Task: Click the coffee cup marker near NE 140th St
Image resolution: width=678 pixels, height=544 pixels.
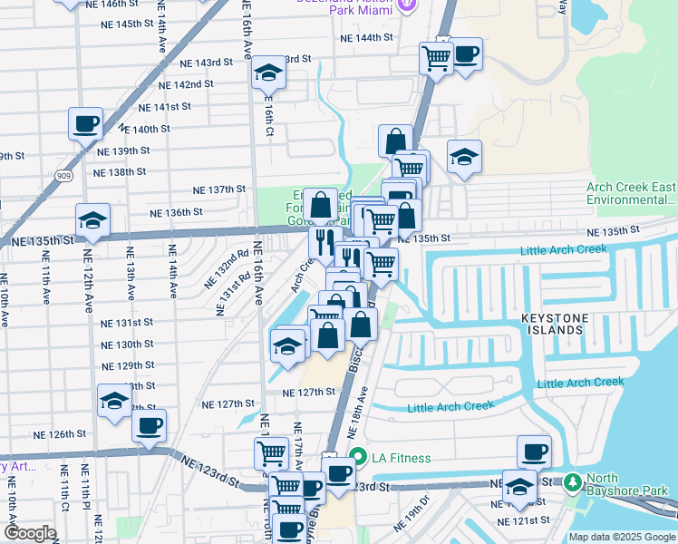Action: [85, 123]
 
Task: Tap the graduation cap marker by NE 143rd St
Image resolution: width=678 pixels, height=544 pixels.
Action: [267, 73]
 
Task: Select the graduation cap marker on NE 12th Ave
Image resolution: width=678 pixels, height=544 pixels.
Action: [92, 219]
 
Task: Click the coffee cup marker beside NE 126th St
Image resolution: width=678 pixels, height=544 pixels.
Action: [150, 424]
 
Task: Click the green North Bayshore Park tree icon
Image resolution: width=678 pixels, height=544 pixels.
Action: [572, 481]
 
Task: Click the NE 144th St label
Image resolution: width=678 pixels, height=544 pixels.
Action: [366, 38]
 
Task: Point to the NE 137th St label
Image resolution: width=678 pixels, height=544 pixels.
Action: [220, 189]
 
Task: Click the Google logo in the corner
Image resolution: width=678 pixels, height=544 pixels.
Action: [30, 533]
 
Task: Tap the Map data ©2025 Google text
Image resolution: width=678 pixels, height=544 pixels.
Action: [622, 537]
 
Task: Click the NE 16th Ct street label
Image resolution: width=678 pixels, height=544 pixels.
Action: [269, 116]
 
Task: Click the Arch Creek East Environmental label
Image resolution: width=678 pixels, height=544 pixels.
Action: [630, 193]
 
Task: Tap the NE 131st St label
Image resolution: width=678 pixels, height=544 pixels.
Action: [127, 323]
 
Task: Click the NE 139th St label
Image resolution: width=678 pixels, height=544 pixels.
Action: [122, 151]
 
